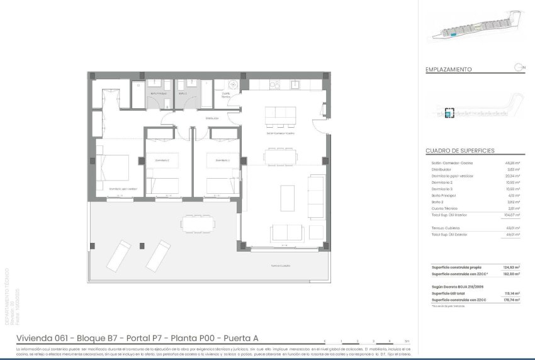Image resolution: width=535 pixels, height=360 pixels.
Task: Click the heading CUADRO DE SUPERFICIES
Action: point(459,151)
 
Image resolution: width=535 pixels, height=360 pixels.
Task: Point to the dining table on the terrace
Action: point(200,222)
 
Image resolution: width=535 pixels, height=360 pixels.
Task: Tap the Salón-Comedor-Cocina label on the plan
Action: point(281,133)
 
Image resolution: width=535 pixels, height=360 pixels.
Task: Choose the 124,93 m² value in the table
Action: point(517,267)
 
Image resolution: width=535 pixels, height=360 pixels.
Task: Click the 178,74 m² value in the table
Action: point(517,300)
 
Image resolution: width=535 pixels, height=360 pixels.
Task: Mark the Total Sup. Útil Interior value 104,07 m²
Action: point(516,215)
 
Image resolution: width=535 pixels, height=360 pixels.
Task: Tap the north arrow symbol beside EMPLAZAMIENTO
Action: point(517,67)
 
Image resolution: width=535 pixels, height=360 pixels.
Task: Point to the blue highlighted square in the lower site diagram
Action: point(449,114)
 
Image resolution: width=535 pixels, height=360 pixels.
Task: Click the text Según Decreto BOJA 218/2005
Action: point(456,286)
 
